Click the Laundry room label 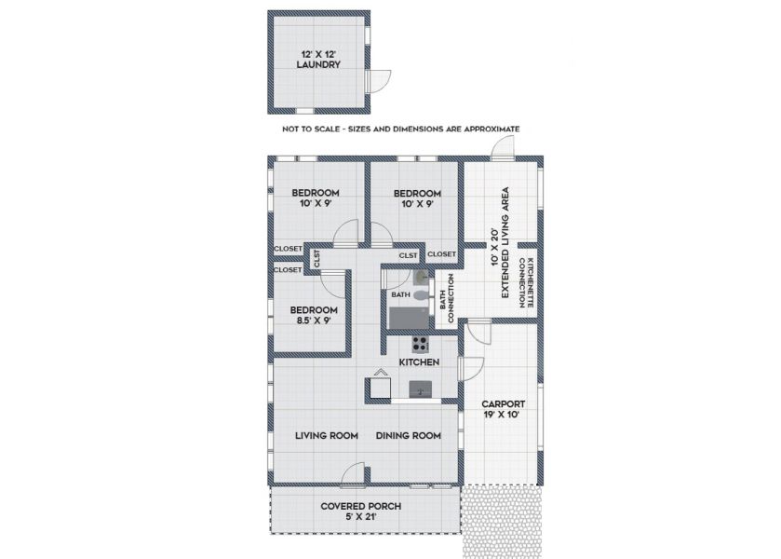(x=318, y=60)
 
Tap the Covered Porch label (x=360, y=511)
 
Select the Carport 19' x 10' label (x=503, y=409)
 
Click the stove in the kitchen (x=420, y=344)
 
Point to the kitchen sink (x=421, y=389)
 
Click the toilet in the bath (x=421, y=295)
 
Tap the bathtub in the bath (x=409, y=318)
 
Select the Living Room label (x=326, y=435)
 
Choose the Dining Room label (x=409, y=435)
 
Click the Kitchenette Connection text (x=527, y=282)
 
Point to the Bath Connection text (x=447, y=298)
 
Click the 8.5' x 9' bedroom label (x=314, y=315)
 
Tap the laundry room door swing (x=380, y=81)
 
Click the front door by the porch (x=355, y=473)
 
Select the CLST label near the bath (x=409, y=256)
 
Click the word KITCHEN (x=420, y=362)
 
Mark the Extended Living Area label (x=500, y=243)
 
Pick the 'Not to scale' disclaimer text (x=401, y=129)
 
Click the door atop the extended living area (x=502, y=147)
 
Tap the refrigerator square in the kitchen (x=380, y=388)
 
